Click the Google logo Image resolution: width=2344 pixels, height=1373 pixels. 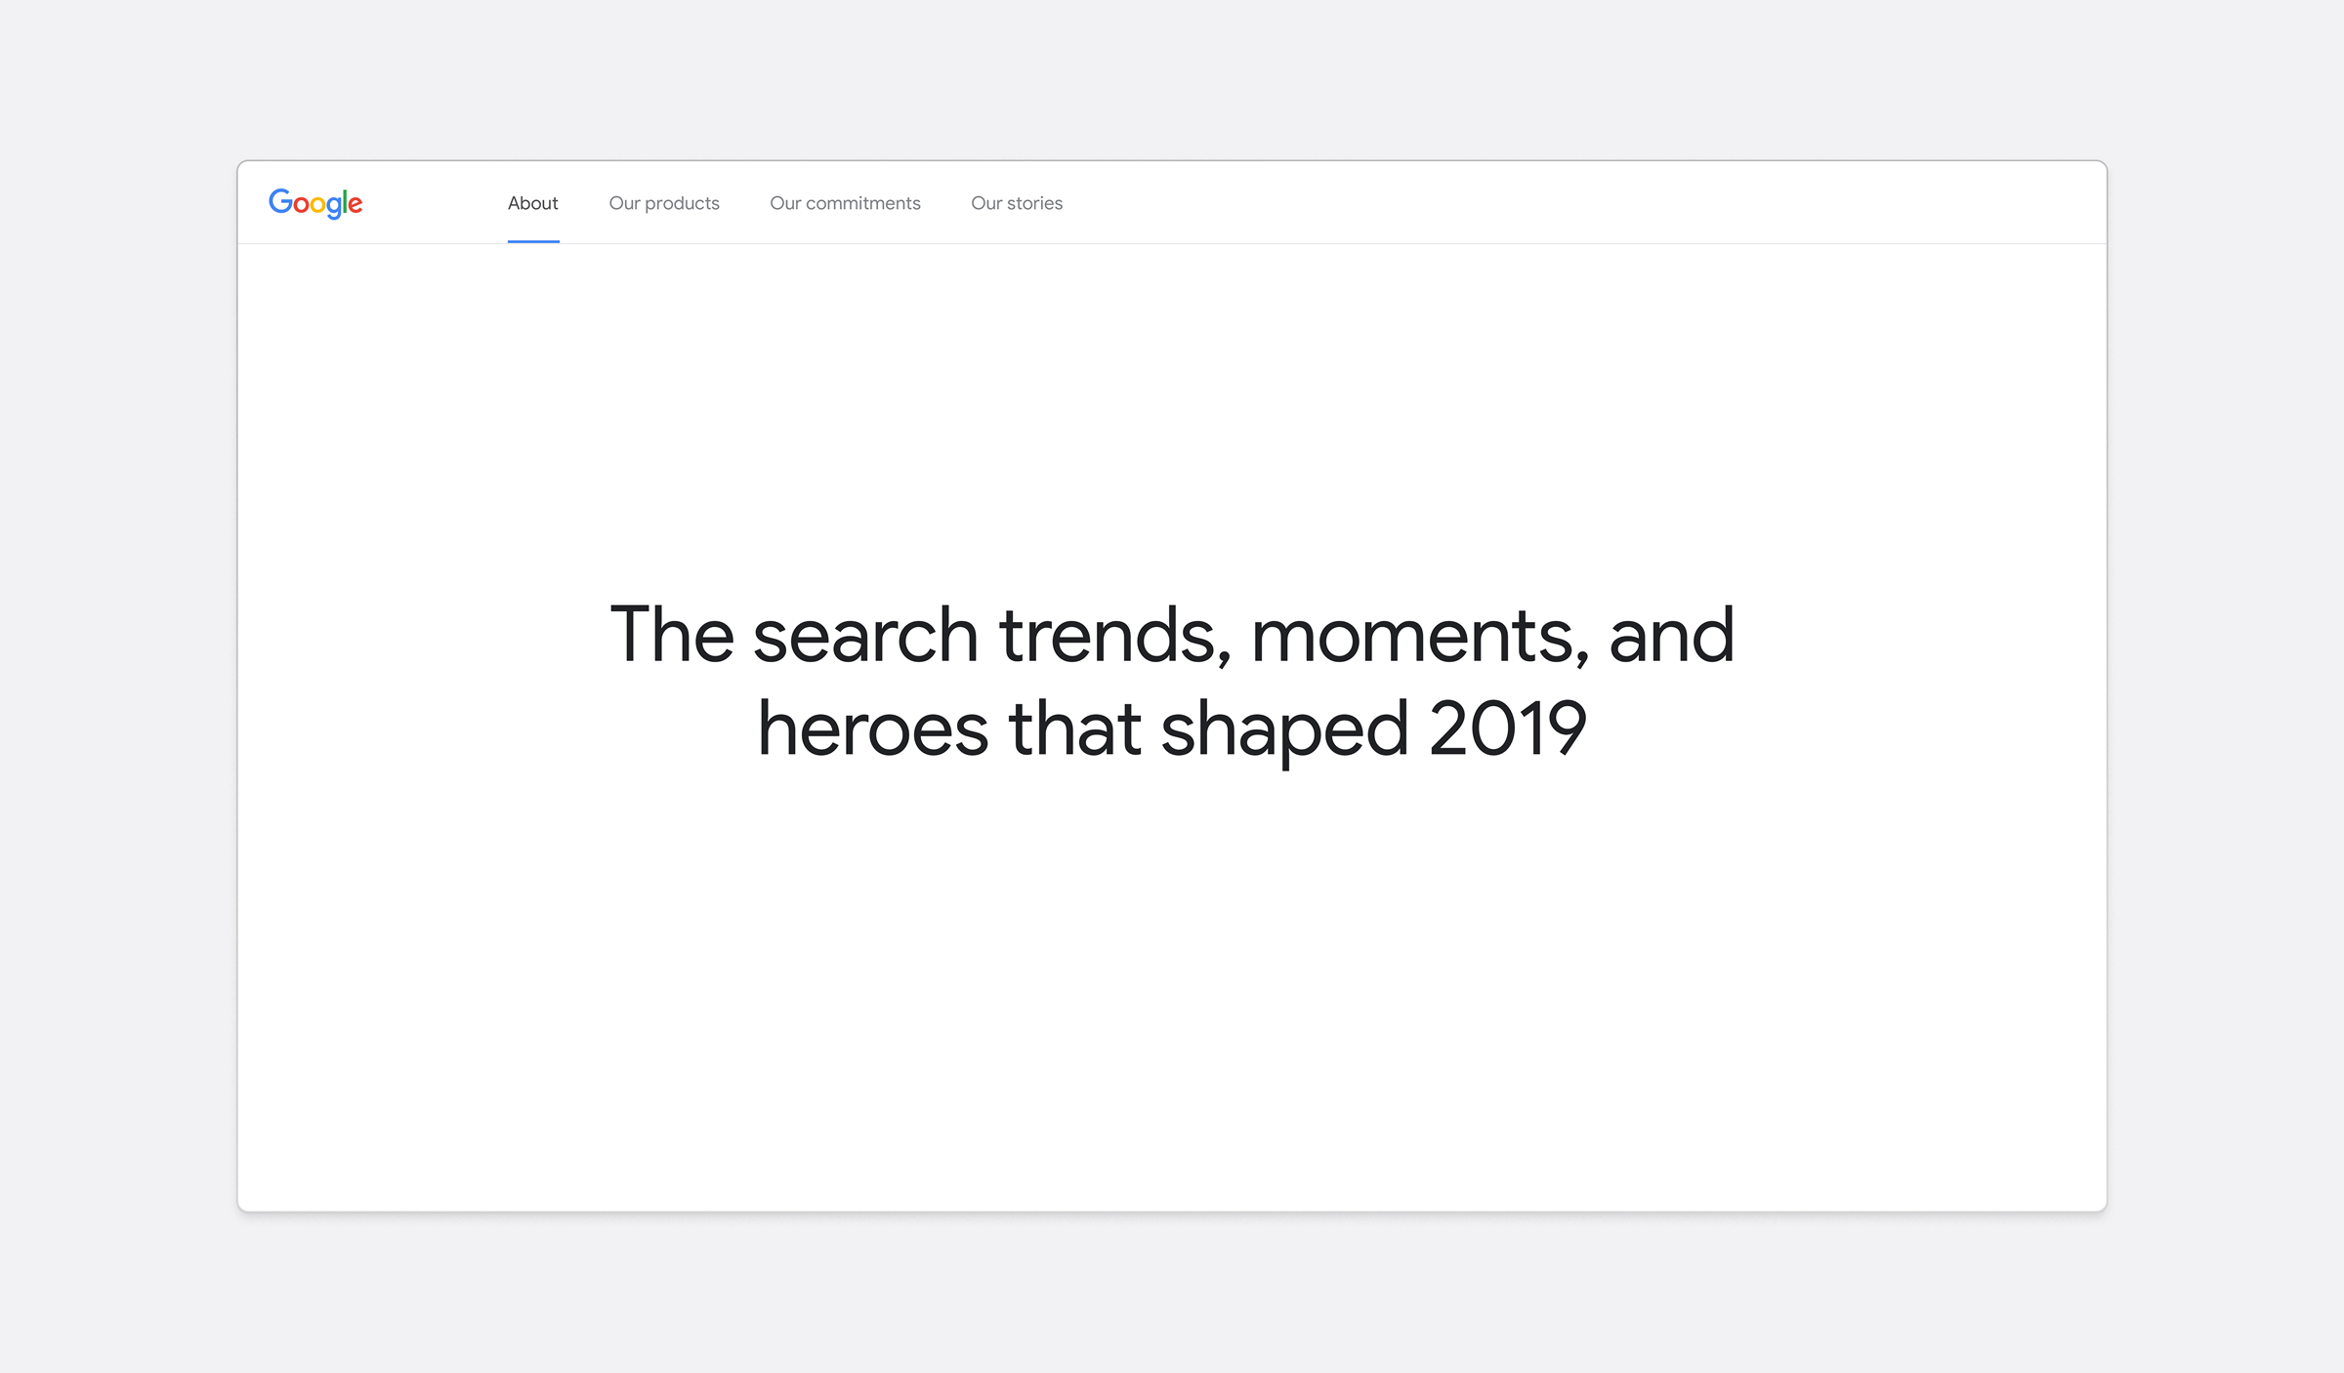tap(315, 203)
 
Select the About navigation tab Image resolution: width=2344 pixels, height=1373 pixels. tap(533, 203)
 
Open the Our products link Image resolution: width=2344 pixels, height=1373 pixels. tap(664, 203)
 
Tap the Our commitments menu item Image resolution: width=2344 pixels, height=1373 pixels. tap(845, 203)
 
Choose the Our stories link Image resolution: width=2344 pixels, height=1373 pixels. tap(1017, 203)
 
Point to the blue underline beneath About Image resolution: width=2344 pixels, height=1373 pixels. tap(533, 241)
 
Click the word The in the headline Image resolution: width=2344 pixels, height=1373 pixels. tap(672, 635)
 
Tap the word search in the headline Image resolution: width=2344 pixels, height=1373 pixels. tap(865, 635)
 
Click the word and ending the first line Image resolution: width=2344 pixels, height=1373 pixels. tap(1671, 635)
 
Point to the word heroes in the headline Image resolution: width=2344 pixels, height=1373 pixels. tap(873, 728)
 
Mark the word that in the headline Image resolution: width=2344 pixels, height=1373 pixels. tap(1074, 728)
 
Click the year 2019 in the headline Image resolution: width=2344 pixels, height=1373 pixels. tap(1507, 728)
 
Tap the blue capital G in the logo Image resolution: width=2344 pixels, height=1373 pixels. tap(280, 201)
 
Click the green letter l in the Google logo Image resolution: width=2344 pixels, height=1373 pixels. tap(345, 201)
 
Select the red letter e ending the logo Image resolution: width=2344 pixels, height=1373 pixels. tap(356, 205)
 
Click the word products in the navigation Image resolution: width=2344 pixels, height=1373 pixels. tap(682, 204)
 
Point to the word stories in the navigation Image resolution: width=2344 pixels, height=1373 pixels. tap(1034, 203)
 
